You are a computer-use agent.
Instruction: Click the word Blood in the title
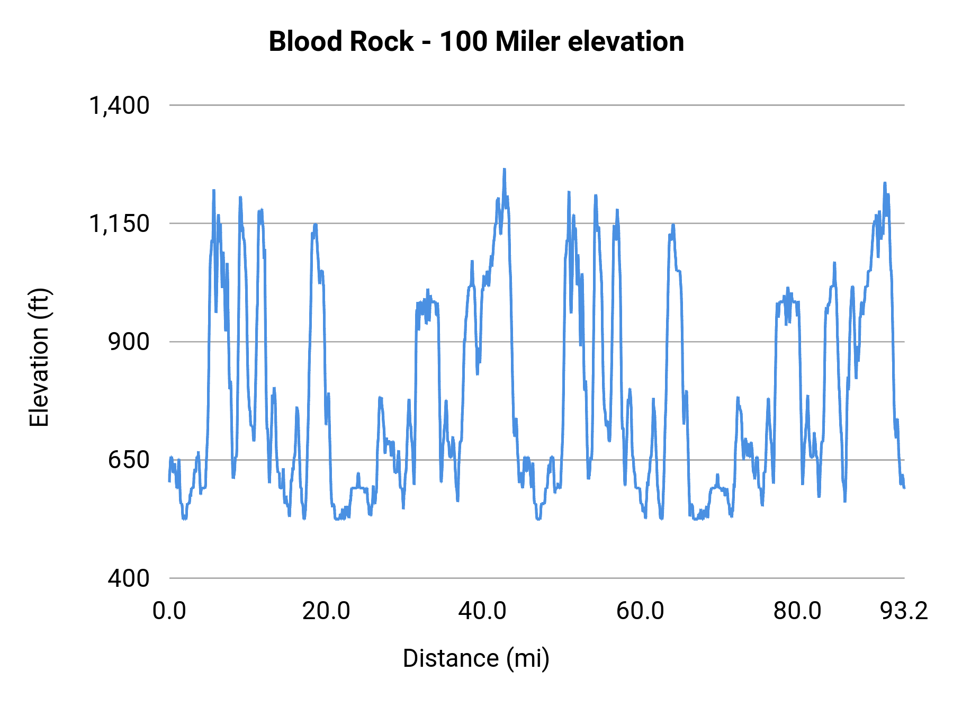[x=298, y=41]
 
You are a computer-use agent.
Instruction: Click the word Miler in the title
[x=527, y=41]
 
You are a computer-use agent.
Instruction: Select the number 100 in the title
[x=464, y=41]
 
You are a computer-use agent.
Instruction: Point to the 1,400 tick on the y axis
[x=119, y=105]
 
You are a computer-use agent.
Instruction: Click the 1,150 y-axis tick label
[x=119, y=224]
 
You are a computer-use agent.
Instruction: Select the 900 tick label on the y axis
[x=129, y=342]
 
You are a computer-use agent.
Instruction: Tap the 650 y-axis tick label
[x=129, y=460]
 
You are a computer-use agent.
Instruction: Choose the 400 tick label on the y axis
[x=129, y=578]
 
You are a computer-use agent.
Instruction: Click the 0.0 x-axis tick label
[x=169, y=611]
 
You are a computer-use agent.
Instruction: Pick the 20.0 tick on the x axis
[x=326, y=611]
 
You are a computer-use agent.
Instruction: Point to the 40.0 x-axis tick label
[x=482, y=611]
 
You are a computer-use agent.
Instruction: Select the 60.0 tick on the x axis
[x=640, y=611]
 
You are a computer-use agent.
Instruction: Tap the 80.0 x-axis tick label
[x=797, y=611]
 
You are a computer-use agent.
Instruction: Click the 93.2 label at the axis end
[x=904, y=611]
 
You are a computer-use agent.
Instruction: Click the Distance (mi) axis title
[x=476, y=658]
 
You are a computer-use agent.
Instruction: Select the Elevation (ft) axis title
[x=39, y=358]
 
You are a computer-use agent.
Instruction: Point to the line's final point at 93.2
[x=904, y=487]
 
